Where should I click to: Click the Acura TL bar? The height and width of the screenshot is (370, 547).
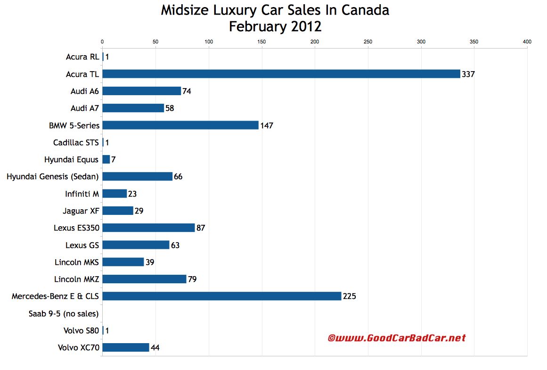281,74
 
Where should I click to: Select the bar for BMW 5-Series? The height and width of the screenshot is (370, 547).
180,125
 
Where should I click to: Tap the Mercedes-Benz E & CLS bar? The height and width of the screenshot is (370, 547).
221,296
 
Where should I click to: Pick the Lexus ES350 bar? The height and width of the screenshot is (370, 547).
148,228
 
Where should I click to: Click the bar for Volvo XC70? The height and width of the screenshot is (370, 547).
125,347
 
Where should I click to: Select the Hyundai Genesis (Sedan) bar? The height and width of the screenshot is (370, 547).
137,177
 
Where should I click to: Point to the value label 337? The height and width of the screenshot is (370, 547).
468,74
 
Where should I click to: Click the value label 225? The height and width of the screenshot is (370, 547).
350,296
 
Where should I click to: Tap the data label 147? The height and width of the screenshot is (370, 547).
267,125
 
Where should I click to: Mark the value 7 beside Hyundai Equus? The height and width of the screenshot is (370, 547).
114,160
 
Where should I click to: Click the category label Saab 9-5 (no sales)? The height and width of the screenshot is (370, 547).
64,313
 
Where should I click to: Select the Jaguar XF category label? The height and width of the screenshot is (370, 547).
81,211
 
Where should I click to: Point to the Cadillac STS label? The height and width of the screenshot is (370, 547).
76,142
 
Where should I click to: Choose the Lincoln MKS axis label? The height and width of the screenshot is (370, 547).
79,262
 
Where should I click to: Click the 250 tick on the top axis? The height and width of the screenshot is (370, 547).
368,42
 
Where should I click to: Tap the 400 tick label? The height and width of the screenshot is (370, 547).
527,42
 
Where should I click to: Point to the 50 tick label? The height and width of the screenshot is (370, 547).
155,42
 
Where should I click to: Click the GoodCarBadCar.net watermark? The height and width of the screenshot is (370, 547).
397,338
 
